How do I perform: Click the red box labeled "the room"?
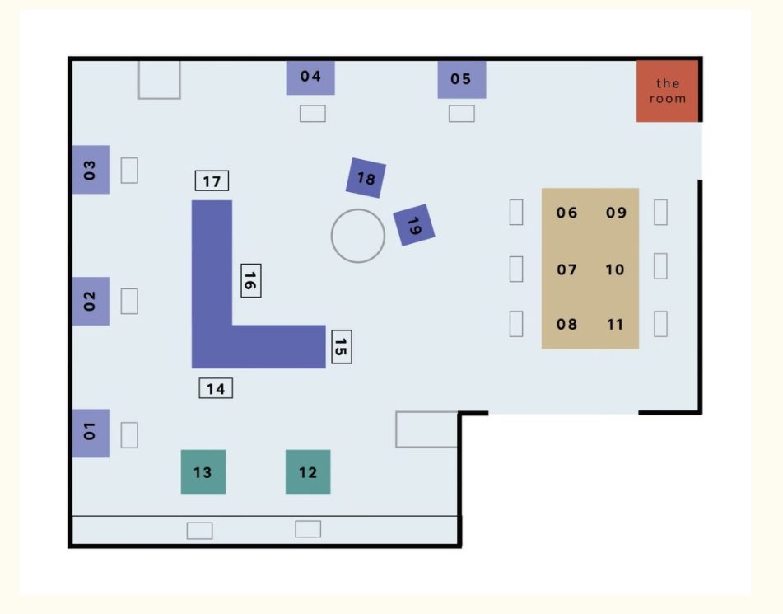point(667,91)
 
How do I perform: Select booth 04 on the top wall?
point(310,77)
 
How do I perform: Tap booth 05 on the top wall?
point(461,79)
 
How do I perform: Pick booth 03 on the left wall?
point(91,170)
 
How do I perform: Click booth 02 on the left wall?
point(91,301)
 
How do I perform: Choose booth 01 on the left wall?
point(91,433)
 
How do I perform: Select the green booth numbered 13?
point(203,472)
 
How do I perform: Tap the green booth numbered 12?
point(308,472)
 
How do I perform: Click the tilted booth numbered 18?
point(366,178)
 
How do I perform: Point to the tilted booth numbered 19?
point(413,225)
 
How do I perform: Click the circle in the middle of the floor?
point(358,236)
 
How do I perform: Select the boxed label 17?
point(212,181)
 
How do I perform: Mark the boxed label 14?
point(216,387)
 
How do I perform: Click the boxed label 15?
point(341,347)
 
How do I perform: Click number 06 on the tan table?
point(566,213)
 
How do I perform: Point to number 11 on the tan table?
point(615,324)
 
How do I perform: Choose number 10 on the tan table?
point(615,270)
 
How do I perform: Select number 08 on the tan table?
point(566,324)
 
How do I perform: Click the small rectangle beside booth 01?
point(129,434)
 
